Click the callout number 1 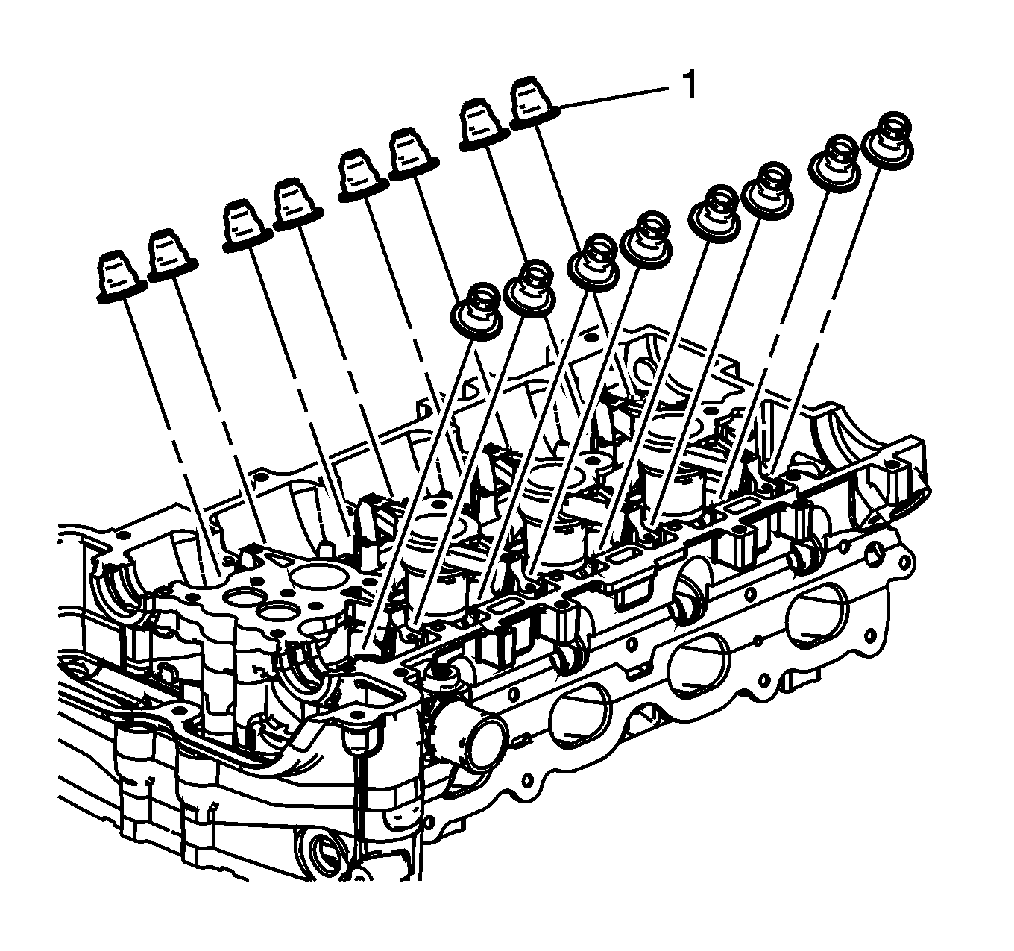pyautogui.click(x=689, y=85)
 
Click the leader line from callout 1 pyautogui.click(x=614, y=98)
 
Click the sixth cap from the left pyautogui.click(x=414, y=155)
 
